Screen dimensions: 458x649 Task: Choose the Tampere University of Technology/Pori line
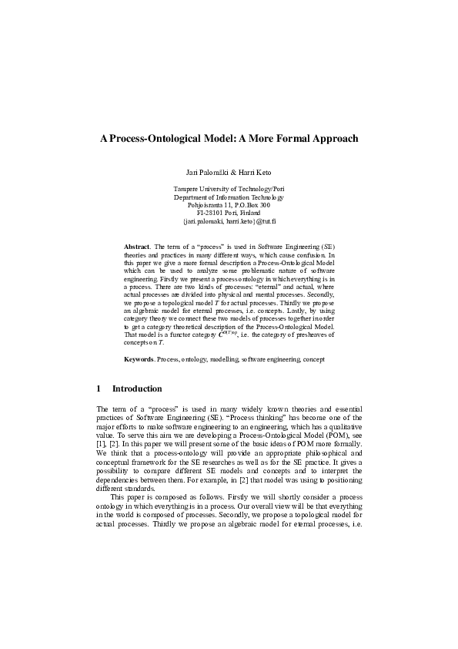coord(229,188)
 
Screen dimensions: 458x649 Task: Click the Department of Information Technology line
coord(229,197)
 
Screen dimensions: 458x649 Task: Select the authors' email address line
coord(229,221)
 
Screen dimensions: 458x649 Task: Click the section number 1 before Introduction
coord(99,388)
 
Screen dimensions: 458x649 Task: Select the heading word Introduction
coord(137,388)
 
